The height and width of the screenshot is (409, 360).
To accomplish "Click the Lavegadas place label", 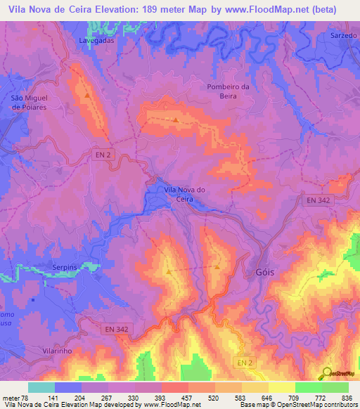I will click(x=97, y=41).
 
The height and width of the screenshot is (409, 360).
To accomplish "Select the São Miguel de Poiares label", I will click(x=29, y=103).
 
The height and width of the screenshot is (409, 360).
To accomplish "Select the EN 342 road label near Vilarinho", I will click(x=117, y=328).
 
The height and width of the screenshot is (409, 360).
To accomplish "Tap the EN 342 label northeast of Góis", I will click(x=319, y=201).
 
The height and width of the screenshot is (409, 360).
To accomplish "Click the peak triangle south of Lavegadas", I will click(x=86, y=96).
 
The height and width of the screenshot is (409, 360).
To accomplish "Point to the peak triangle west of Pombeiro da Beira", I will click(x=175, y=119).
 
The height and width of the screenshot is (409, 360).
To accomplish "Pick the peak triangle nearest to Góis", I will click(x=217, y=266).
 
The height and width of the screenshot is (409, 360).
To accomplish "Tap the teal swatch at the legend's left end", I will click(x=41, y=387).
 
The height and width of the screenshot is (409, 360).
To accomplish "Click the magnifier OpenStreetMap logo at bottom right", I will click(x=328, y=372).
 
